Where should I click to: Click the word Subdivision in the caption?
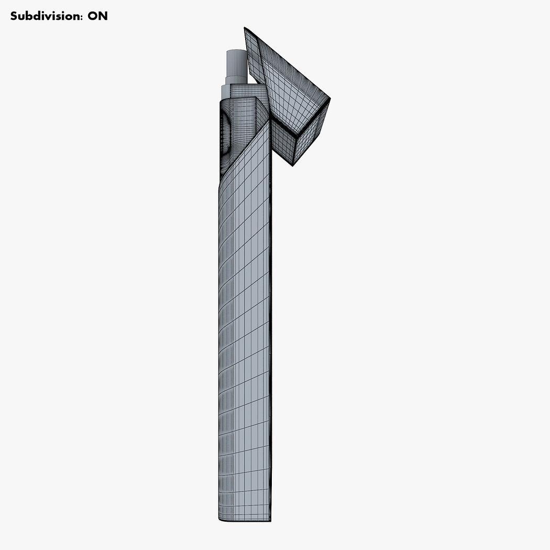46,16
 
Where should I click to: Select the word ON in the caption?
97,16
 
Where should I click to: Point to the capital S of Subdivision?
14,16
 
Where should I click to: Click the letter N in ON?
103,16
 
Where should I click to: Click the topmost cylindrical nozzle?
237,64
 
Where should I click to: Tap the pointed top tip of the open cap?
245,27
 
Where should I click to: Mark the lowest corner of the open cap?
292,166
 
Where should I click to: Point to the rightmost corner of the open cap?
330,98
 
